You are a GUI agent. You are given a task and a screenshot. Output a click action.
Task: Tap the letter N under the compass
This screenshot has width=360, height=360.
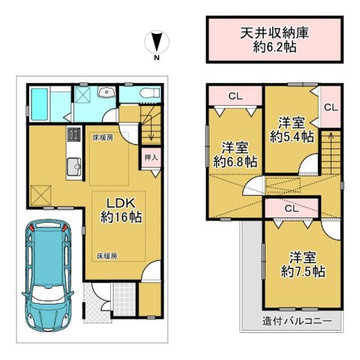coord(156,58)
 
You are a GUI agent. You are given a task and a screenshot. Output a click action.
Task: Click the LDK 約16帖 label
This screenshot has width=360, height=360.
coord(118,210)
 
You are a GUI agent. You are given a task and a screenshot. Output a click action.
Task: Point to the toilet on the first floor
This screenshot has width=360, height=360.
coord(151,93)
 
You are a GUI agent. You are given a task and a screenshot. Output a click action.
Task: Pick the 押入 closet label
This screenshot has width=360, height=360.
coord(150,159)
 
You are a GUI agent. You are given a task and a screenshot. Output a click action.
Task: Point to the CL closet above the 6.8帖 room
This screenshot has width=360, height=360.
coord(234,95)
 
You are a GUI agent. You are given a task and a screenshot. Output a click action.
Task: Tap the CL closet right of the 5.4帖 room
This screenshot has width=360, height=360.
coord(330,107)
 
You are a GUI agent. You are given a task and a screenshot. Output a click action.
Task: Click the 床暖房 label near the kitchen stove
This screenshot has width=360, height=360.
coord(103,137)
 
